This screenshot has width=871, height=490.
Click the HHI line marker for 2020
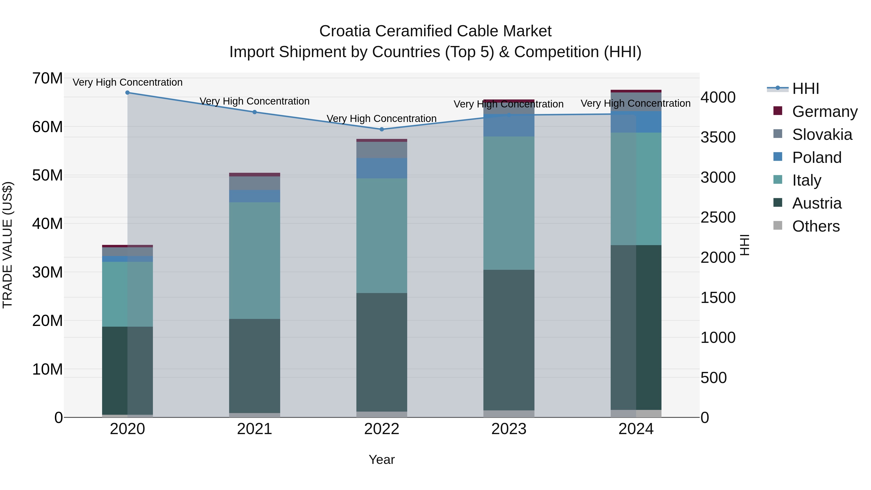128,93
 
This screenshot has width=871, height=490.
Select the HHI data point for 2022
382,129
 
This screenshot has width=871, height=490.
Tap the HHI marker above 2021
255,112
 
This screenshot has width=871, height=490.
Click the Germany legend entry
825,112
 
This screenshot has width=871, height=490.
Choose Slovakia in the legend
822,135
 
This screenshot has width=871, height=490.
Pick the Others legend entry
816,226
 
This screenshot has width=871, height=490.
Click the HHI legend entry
805,89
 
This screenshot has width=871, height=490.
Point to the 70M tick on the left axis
47,78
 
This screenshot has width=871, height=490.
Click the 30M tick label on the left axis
47,272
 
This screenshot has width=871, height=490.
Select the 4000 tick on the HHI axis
718,97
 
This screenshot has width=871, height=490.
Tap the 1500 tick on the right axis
718,298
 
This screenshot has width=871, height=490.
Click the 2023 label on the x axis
509,429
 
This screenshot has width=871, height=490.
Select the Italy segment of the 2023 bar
509,203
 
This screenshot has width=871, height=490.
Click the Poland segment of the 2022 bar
382,168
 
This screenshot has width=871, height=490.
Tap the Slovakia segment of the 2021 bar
255,183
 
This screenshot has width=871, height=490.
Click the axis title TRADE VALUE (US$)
8,245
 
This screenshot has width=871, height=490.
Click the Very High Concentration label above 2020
128,83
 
